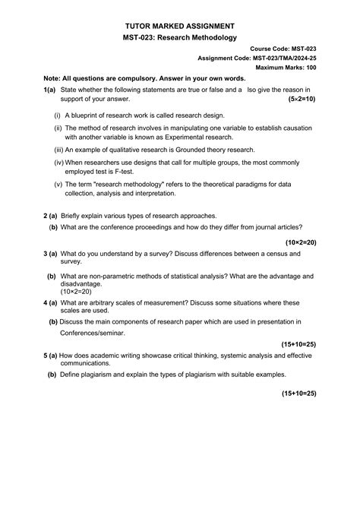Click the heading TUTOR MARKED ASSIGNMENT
point(180,26)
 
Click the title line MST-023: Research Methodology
point(180,37)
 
